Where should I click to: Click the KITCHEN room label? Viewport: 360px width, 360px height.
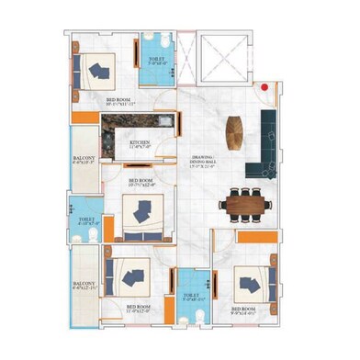(140, 143)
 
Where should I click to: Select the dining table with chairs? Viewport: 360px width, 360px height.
(245, 202)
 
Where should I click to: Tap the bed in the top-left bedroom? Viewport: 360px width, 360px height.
(95, 69)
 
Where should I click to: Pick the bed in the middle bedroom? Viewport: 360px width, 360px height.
(141, 213)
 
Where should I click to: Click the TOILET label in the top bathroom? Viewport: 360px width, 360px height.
(156, 62)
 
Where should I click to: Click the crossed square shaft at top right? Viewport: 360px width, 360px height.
(224, 60)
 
